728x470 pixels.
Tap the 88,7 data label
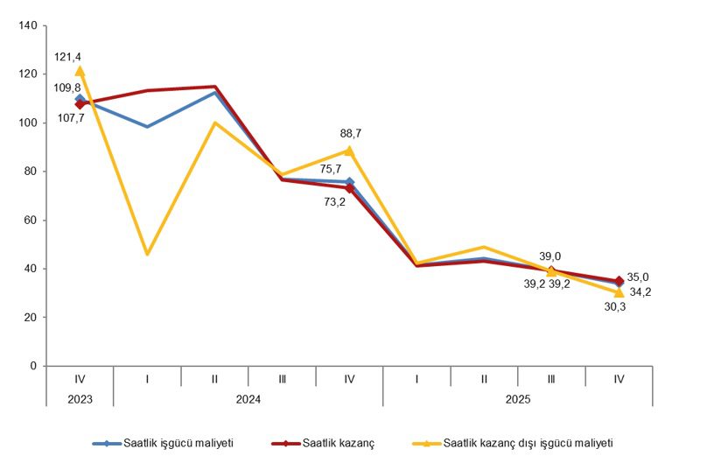coord(351,134)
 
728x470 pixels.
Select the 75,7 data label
coord(331,169)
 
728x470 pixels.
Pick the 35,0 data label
coord(639,276)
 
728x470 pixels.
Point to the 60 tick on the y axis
coord(30,221)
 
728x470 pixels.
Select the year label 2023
coord(80,398)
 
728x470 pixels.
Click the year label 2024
coord(248,398)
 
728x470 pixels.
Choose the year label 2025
coord(518,398)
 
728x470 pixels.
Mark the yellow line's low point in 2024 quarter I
coord(147,254)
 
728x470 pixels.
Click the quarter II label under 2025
coord(484,378)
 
